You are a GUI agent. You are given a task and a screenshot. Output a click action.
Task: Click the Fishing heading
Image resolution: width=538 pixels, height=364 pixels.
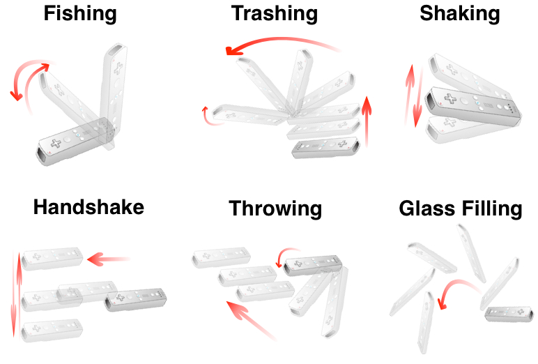80,15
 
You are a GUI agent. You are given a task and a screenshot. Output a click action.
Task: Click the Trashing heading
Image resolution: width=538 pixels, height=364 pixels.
275,14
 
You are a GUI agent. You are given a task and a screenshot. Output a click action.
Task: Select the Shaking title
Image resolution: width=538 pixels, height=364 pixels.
460,15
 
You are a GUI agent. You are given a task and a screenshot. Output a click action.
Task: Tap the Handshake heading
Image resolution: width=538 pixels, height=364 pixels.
89,207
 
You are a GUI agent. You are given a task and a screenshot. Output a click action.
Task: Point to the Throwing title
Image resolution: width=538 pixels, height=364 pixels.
275,209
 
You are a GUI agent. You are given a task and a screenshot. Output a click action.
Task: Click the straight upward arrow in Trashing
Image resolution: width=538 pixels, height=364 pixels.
367,122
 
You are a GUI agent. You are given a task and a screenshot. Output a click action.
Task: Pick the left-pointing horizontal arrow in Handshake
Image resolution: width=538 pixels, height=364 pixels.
109,259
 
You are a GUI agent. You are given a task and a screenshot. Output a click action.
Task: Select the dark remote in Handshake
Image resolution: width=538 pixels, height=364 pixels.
135,300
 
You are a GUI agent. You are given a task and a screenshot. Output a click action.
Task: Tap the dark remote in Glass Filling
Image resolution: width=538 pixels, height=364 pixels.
509,314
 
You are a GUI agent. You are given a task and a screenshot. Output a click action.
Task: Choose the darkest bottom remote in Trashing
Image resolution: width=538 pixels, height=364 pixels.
325,147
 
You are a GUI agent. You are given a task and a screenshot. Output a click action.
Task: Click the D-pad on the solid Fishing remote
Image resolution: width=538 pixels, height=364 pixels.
56,143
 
